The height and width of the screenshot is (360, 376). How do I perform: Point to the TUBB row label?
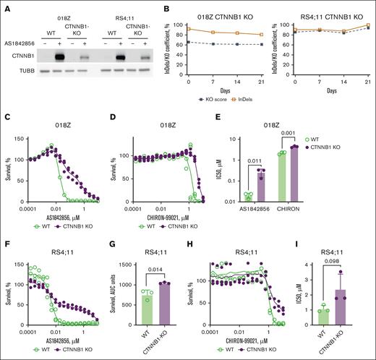click(20, 71)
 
